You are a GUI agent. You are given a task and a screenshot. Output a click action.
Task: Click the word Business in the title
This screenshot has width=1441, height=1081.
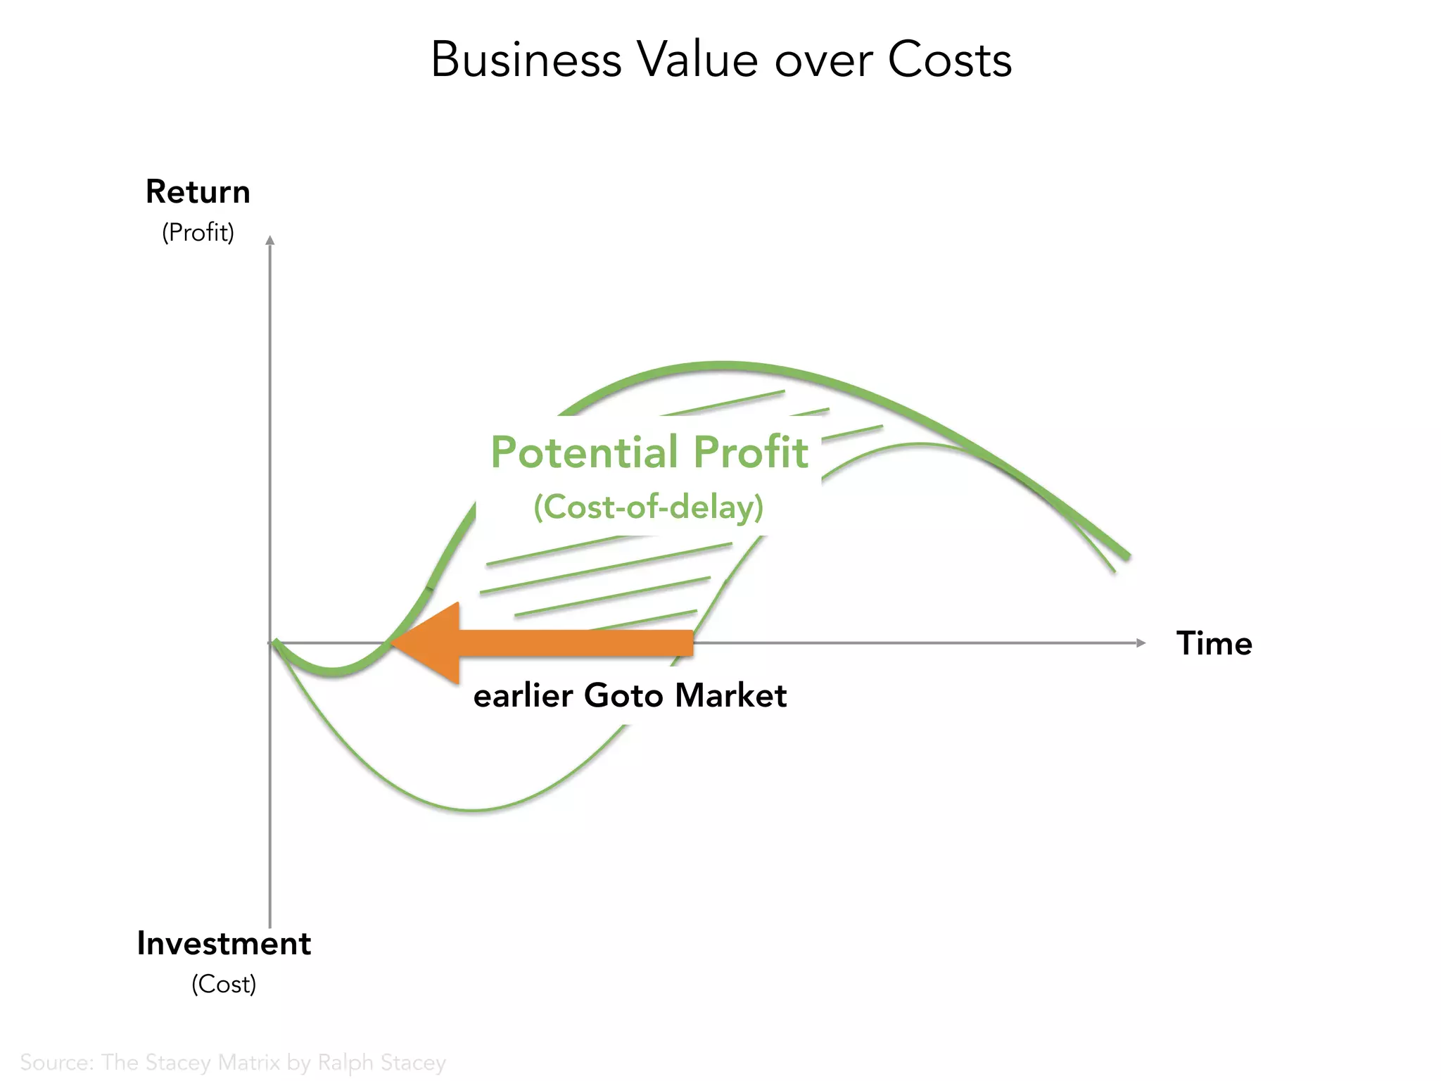526,60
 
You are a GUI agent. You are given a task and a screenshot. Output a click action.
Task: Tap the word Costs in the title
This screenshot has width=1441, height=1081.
949,60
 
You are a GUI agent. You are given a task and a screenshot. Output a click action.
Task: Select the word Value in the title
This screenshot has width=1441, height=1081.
697,60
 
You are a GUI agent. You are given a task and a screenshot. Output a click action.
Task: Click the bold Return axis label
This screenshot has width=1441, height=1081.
198,192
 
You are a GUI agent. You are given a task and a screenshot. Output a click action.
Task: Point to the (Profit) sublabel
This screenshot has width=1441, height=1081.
198,232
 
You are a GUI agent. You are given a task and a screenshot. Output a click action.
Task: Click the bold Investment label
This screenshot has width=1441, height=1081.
224,944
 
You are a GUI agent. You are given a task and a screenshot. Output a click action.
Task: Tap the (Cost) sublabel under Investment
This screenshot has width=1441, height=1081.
224,984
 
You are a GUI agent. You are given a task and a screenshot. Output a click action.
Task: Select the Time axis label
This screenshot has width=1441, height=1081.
1214,643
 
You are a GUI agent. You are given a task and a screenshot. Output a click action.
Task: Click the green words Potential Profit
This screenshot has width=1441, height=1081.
649,452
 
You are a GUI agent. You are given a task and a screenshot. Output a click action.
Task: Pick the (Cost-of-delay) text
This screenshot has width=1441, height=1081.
648,507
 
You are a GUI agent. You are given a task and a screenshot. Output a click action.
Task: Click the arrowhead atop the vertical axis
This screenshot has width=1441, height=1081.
270,240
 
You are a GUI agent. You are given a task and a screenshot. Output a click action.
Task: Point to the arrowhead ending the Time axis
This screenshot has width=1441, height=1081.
1141,643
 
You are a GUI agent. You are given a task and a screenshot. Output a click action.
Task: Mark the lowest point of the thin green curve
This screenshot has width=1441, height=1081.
473,810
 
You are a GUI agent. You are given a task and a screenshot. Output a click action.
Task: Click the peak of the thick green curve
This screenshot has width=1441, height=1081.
725,365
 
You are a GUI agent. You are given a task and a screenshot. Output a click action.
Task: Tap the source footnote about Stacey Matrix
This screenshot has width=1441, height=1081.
233,1062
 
